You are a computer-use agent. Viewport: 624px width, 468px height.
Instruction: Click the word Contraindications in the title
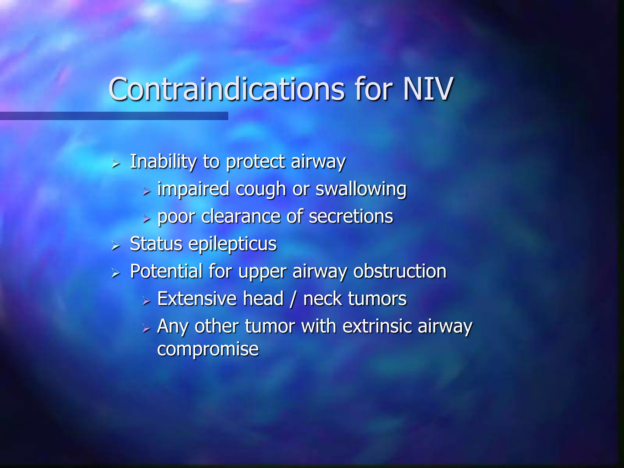[x=226, y=89]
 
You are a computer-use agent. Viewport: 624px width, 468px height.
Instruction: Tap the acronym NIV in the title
[x=428, y=89]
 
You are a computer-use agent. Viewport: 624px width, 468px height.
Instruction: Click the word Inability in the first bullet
[x=163, y=161]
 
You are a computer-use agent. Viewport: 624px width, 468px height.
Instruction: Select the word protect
[x=255, y=162]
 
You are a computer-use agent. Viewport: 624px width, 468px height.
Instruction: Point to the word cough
[x=261, y=190]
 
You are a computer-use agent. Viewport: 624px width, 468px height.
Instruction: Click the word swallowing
[x=361, y=190]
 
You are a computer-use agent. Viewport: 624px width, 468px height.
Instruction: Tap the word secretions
[x=351, y=217]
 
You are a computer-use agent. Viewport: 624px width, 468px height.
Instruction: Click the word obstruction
[x=400, y=271]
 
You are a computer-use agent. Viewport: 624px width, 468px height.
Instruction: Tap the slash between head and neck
[x=293, y=299]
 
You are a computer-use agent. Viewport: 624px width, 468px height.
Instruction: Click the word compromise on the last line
[x=208, y=349]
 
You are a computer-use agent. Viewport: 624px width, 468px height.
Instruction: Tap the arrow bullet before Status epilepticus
[x=115, y=245]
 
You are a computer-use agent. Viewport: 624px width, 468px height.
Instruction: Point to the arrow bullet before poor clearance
[x=147, y=218]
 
